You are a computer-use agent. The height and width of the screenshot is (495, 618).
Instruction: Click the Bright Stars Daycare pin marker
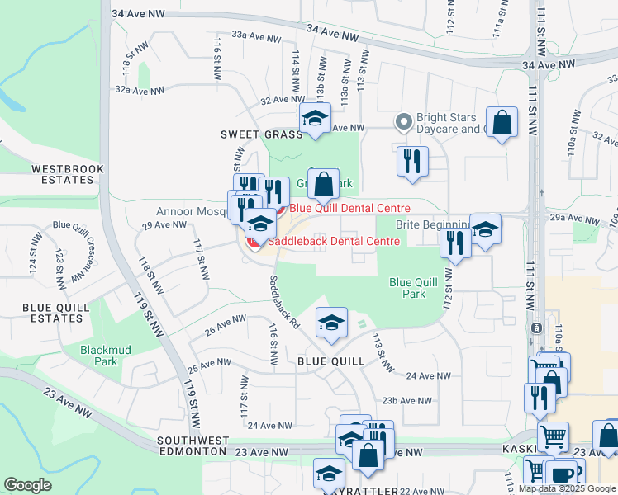click(404, 122)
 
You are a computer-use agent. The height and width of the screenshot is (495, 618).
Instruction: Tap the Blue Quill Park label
click(407, 287)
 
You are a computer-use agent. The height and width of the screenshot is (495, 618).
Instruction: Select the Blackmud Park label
click(99, 356)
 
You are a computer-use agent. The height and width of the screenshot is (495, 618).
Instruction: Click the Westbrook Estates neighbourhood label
click(63, 174)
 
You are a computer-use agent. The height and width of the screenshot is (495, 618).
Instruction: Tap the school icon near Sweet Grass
click(315, 119)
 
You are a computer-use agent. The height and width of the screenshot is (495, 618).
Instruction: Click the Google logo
click(27, 485)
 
